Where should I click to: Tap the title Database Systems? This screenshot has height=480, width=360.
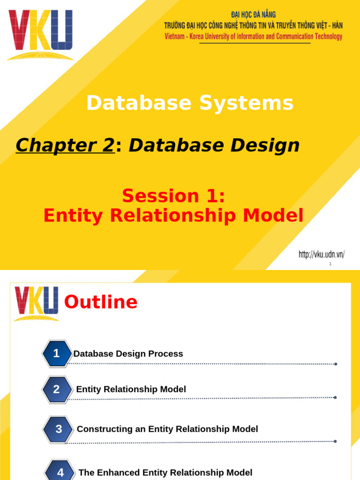click(190, 103)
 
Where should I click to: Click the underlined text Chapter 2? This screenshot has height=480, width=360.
click(65, 146)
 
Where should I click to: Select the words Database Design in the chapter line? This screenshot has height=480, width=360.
click(214, 146)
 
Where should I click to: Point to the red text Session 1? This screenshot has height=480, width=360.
click(173, 196)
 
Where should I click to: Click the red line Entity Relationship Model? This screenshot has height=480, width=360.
click(173, 216)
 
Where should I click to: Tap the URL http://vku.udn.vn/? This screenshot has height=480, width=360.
click(322, 255)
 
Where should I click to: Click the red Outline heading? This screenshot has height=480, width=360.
click(101, 302)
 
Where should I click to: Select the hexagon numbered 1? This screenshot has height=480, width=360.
click(57, 354)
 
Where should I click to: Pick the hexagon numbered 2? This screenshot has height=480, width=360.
click(57, 389)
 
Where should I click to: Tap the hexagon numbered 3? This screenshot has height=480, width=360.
click(59, 429)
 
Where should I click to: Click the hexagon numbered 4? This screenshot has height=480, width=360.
click(60, 472)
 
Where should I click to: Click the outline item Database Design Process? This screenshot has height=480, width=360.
click(128, 354)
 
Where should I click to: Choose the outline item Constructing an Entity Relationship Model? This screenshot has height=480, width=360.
click(167, 429)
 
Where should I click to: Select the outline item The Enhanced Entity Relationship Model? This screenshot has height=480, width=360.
click(165, 472)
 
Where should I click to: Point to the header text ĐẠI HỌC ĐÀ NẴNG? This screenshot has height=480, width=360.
click(253, 15)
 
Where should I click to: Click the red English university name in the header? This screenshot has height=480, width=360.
click(253, 37)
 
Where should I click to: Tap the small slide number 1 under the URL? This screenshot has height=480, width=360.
click(330, 264)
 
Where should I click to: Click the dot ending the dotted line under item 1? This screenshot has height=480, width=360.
click(336, 364)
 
